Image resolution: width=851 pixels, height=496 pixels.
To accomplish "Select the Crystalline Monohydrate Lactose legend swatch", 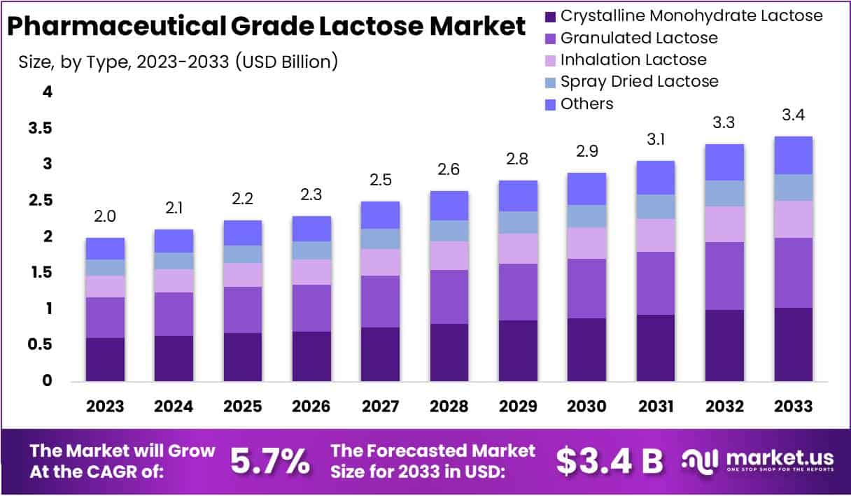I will tap(550, 15).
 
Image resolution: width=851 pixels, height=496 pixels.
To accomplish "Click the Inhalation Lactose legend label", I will tap(633, 59).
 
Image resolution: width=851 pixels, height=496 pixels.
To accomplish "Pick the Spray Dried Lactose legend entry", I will tap(639, 81).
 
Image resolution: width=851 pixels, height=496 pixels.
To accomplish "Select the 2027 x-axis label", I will tap(380, 406).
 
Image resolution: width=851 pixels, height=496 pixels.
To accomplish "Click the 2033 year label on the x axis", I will tap(794, 406).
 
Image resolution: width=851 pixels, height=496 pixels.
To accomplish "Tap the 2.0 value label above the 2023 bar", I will tap(105, 217).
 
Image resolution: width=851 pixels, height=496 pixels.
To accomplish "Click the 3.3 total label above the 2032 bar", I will tap(724, 123).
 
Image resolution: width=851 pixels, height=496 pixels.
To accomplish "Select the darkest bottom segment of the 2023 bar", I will tap(105, 360).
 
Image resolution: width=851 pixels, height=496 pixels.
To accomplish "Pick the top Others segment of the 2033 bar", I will tap(794, 155).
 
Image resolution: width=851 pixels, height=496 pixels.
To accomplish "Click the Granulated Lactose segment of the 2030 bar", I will tap(587, 288).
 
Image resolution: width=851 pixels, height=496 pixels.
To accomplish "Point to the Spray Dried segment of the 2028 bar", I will tap(449, 231).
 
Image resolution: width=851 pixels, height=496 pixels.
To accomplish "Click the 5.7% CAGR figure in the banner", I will tap(269, 460).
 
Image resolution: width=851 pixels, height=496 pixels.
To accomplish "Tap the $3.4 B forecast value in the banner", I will tap(610, 460).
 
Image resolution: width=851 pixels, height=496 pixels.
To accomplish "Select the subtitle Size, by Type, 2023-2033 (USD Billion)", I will tap(178, 62).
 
